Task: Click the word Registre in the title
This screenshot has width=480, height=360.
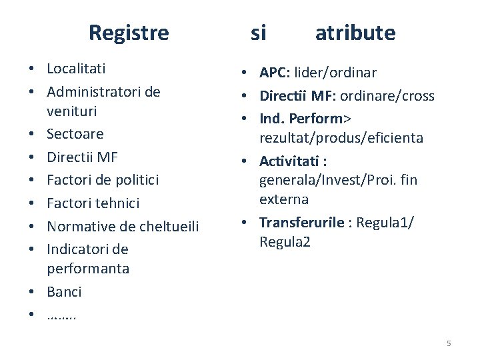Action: (129, 33)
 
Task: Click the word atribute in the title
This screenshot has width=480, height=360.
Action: (355, 33)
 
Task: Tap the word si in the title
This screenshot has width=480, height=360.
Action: (258, 33)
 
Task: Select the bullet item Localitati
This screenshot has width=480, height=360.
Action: (76, 69)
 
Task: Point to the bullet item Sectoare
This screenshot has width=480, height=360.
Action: (75, 134)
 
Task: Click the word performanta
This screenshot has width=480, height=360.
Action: (88, 269)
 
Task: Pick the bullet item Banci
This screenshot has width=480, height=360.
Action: (64, 292)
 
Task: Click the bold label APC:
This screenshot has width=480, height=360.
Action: (274, 73)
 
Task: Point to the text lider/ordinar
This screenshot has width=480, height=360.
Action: (335, 73)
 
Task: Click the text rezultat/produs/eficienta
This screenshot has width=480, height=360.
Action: (341, 138)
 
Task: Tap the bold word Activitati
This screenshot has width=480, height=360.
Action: (289, 161)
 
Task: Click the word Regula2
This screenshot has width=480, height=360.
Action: (285, 241)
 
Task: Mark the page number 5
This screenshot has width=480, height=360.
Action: (449, 343)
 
